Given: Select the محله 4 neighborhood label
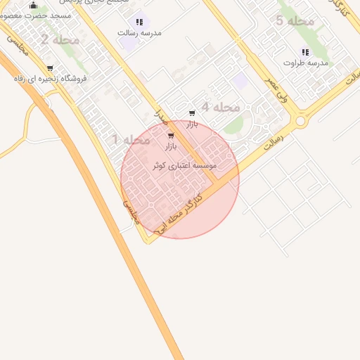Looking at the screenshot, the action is pos(221,107).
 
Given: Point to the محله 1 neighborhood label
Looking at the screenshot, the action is pos(131,140).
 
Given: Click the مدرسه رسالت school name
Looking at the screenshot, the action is pos(139,33).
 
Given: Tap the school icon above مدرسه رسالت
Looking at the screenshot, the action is pos(139,22).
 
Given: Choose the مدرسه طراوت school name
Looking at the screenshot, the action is pos(305,63).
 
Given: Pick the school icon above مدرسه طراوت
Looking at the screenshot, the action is pos(305,52).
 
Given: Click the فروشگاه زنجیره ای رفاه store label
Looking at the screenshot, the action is pos(50,79).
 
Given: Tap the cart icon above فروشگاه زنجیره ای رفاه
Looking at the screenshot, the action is pos(50,69).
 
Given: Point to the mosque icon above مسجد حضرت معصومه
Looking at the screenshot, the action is pos(33,6).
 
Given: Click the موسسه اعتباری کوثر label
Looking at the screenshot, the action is pos(185,165).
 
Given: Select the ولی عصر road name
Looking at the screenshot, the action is pos(276,91).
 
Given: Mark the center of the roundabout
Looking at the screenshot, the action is pos(301,121).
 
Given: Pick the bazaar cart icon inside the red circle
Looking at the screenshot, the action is pos(171,136).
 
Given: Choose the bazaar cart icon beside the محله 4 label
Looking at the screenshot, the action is pos(192,113).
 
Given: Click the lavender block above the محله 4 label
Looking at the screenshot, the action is pos(240,81).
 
